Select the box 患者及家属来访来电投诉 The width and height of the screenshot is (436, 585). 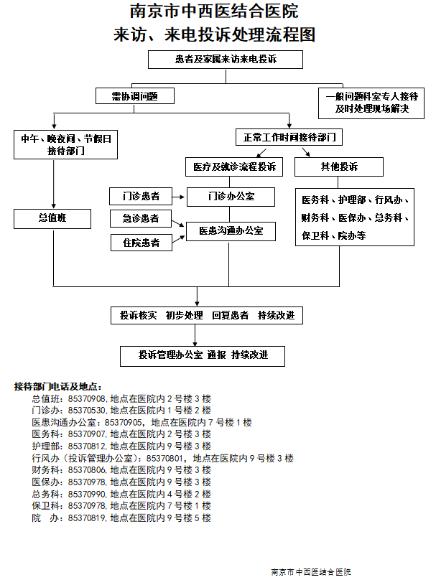coord(226,60)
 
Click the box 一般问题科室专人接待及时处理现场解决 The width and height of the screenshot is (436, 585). coord(371,103)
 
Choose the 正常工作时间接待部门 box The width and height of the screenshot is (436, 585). coord(287,136)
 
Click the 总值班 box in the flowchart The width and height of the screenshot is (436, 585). coord(52,218)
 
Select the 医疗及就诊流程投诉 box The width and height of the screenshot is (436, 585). coord(233,167)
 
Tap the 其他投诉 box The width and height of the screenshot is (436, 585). coord(339,167)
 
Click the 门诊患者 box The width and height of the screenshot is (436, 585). coord(141,196)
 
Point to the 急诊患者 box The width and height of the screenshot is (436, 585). coord(141,218)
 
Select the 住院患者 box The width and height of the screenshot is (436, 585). coord(141,243)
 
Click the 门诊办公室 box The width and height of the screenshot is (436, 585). coord(231,196)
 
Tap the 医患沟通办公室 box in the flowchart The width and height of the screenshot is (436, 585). coord(231,231)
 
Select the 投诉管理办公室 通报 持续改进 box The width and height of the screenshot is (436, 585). coord(203,355)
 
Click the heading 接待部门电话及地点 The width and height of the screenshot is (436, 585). coord(58,386)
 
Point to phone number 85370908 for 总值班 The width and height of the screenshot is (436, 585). coord(87,398)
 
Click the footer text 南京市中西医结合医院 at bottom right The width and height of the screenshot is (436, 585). coord(311,572)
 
